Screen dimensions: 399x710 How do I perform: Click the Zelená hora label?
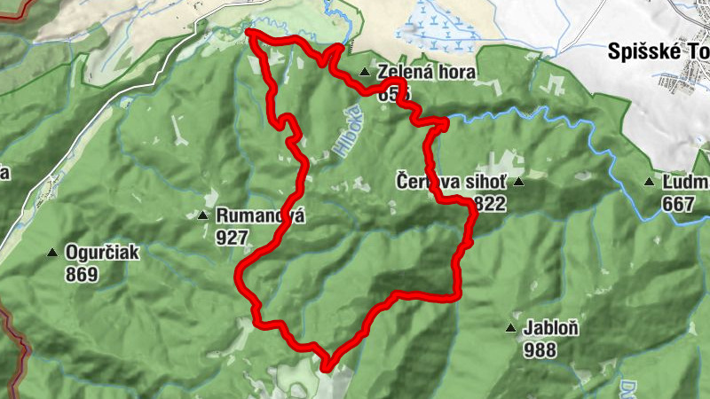click(426, 73)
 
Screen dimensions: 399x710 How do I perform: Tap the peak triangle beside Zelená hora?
click(364, 73)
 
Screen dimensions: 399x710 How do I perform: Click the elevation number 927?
click(229, 236)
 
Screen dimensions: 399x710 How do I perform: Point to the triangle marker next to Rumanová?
click(202, 215)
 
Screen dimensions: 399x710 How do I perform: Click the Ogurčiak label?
click(102, 253)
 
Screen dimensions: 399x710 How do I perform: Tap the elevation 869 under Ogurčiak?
click(81, 274)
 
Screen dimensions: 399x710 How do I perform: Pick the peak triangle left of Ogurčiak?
click(53, 253)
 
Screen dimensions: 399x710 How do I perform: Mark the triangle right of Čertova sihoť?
click(518, 183)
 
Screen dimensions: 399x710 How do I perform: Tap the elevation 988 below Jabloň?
click(540, 349)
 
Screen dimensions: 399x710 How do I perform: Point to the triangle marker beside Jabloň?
click(510, 328)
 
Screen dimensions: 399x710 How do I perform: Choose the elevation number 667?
click(678, 204)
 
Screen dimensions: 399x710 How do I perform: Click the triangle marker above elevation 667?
click(650, 183)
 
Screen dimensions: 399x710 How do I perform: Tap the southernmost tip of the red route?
click(326, 366)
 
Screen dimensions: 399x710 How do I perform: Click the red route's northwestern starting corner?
click(249, 33)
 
